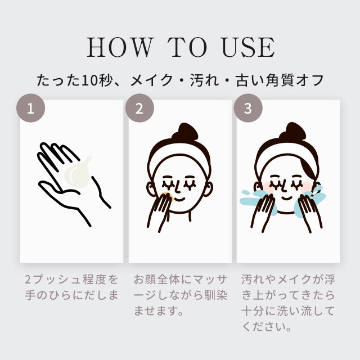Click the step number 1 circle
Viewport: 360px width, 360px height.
point(30,108)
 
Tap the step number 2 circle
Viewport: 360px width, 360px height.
point(139,108)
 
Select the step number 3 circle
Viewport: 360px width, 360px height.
point(248,108)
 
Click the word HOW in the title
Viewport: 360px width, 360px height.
point(119,47)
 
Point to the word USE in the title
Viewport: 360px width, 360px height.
point(249,47)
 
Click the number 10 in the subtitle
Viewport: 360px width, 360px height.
point(89,80)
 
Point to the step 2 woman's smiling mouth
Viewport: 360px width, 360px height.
point(179,199)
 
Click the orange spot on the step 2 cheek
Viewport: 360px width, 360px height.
point(169,197)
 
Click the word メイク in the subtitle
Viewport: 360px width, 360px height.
point(151,80)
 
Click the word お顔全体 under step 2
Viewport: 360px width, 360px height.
point(156,280)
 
